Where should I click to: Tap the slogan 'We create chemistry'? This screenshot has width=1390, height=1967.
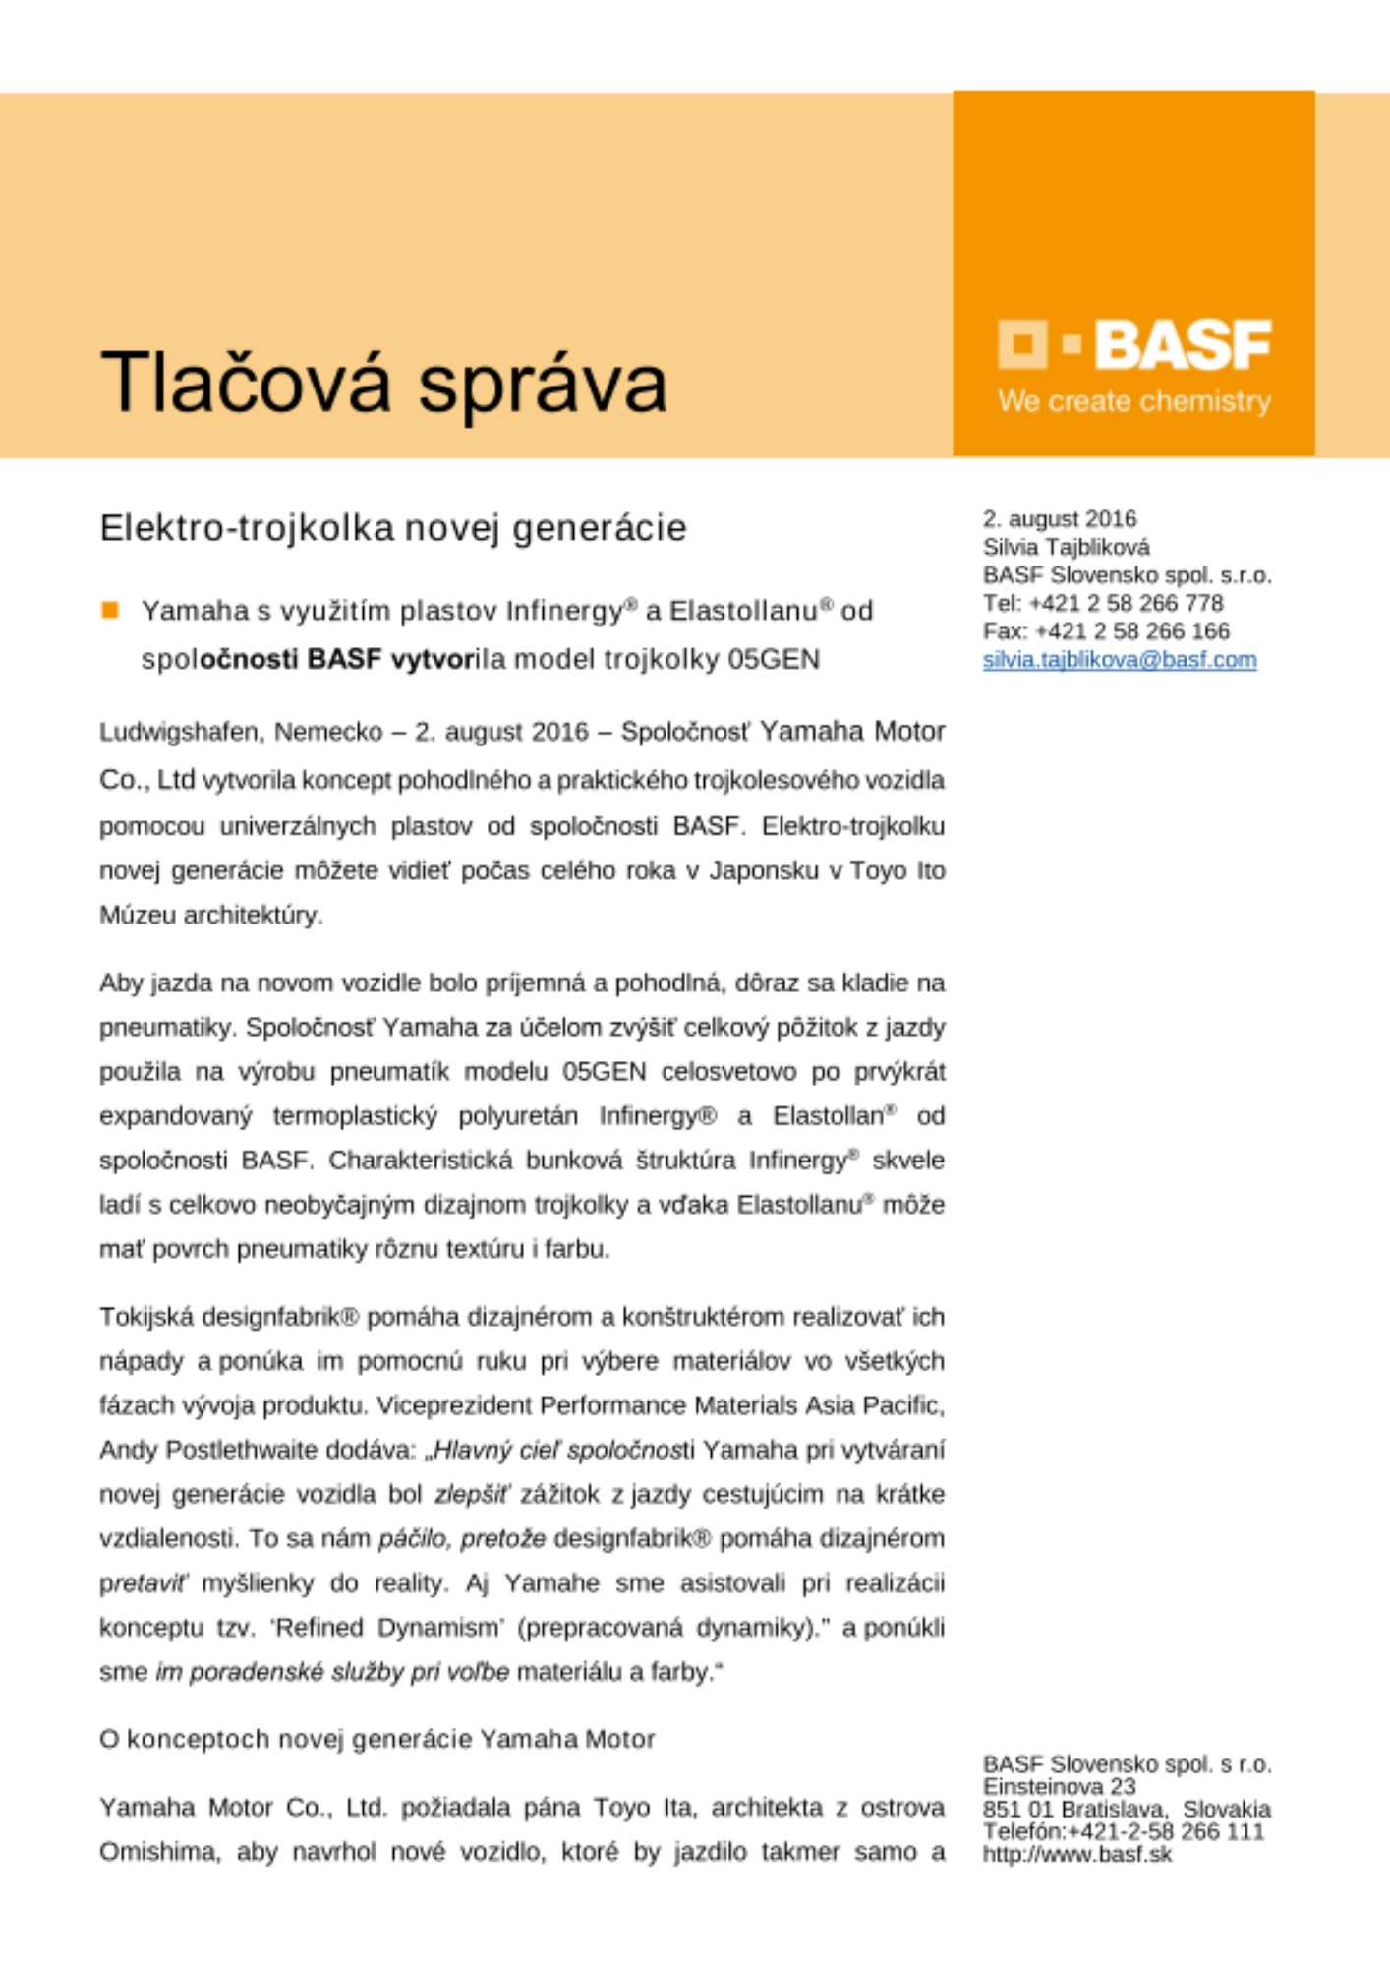pyautogui.click(x=1134, y=401)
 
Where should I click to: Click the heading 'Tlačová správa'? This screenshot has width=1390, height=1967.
pyautogui.click(x=383, y=383)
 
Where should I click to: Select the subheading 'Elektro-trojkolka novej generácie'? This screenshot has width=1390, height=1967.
pyautogui.click(x=393, y=528)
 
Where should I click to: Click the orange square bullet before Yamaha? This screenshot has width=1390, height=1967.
pyautogui.click(x=110, y=611)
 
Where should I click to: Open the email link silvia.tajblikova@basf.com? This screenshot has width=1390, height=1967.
pyautogui.click(x=1120, y=660)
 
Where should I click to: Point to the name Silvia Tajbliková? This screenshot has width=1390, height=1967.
pyautogui.click(x=1066, y=547)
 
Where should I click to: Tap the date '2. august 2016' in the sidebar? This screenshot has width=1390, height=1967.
pyautogui.click(x=1060, y=518)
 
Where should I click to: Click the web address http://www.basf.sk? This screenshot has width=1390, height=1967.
pyautogui.click(x=1077, y=1855)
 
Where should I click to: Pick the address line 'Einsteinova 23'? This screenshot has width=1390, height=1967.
pyautogui.click(x=1059, y=1786)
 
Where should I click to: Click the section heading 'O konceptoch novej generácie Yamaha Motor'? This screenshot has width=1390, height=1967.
pyautogui.click(x=377, y=1740)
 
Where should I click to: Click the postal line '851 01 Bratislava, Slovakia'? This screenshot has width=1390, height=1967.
pyautogui.click(x=1127, y=1810)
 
